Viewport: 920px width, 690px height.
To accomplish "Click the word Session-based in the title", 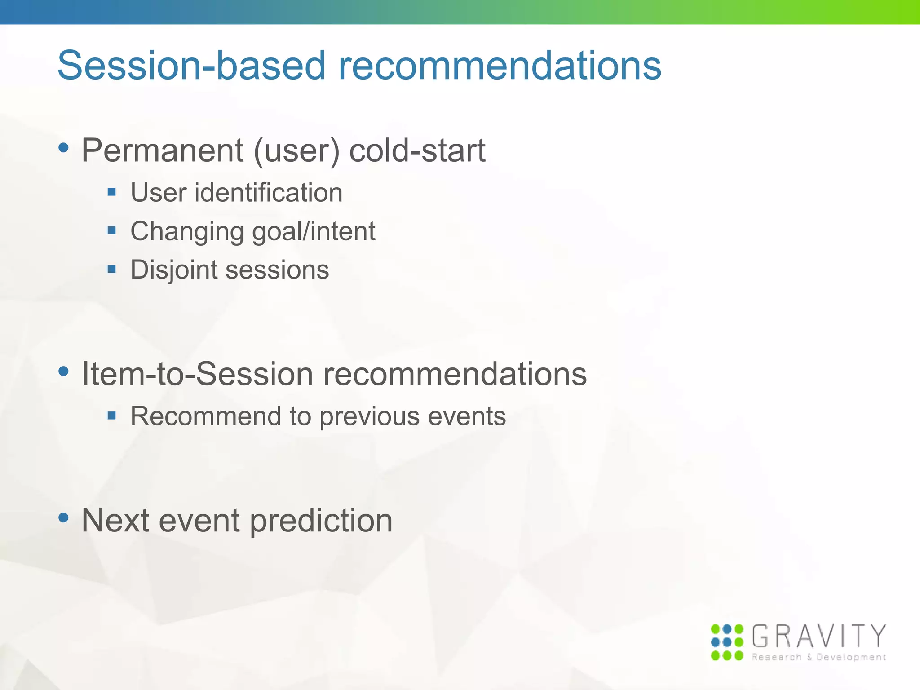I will coord(191,66).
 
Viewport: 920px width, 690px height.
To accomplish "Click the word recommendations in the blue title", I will coord(500,66).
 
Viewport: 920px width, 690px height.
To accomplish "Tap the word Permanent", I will coord(162,150).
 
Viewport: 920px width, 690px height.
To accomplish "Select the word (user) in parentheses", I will coord(296,151).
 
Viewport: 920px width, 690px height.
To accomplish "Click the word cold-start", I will coord(417,150).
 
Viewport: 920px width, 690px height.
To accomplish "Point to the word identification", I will coord(268,193).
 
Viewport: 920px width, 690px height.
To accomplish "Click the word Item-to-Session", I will coord(197,374).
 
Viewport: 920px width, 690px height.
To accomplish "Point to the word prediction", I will coord(321,521).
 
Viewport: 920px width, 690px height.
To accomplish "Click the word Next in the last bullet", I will coord(115,520).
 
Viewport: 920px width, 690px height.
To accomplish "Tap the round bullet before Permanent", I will coord(64,148).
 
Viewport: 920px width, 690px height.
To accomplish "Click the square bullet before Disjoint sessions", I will coord(112,270).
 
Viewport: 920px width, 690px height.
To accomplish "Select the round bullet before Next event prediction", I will coord(64,517).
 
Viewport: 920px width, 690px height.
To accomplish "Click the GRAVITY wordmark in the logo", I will coord(818,636).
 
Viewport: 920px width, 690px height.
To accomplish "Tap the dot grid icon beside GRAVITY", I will coord(727,642).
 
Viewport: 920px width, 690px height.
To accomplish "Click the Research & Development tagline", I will coord(818,657).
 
